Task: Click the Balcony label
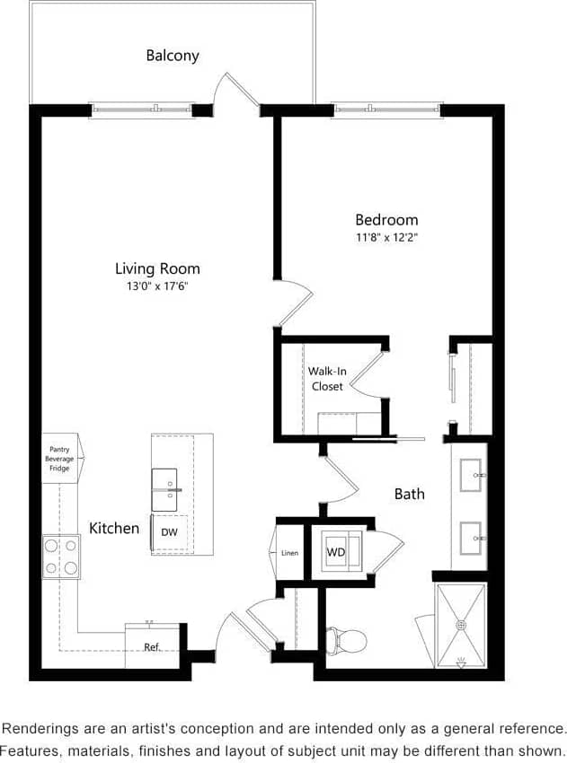click(173, 56)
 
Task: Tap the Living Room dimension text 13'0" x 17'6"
click(157, 286)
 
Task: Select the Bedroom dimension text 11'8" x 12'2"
click(386, 238)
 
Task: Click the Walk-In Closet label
click(326, 379)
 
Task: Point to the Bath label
click(409, 494)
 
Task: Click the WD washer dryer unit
click(336, 552)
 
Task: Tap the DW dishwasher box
click(169, 532)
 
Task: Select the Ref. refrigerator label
click(152, 646)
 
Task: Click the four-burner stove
click(60, 557)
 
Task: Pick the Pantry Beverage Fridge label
click(59, 458)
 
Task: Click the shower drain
click(461, 625)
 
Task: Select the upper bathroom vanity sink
click(471, 475)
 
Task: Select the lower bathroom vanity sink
click(471, 539)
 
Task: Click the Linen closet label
click(289, 553)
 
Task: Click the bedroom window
click(386, 110)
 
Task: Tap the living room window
click(142, 110)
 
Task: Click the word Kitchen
click(114, 529)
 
